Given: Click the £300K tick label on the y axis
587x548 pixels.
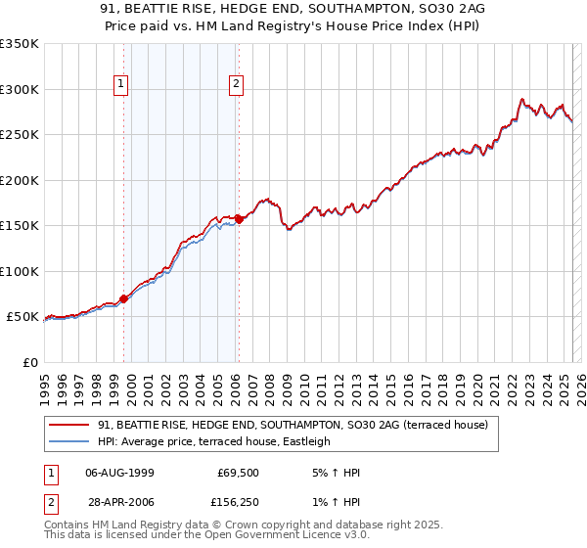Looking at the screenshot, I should pos(19,89).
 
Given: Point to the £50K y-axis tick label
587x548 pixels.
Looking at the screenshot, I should pos(22,317).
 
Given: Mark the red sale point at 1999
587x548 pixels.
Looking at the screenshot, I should pos(123,298).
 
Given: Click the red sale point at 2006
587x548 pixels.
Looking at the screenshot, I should pos(240,219).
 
